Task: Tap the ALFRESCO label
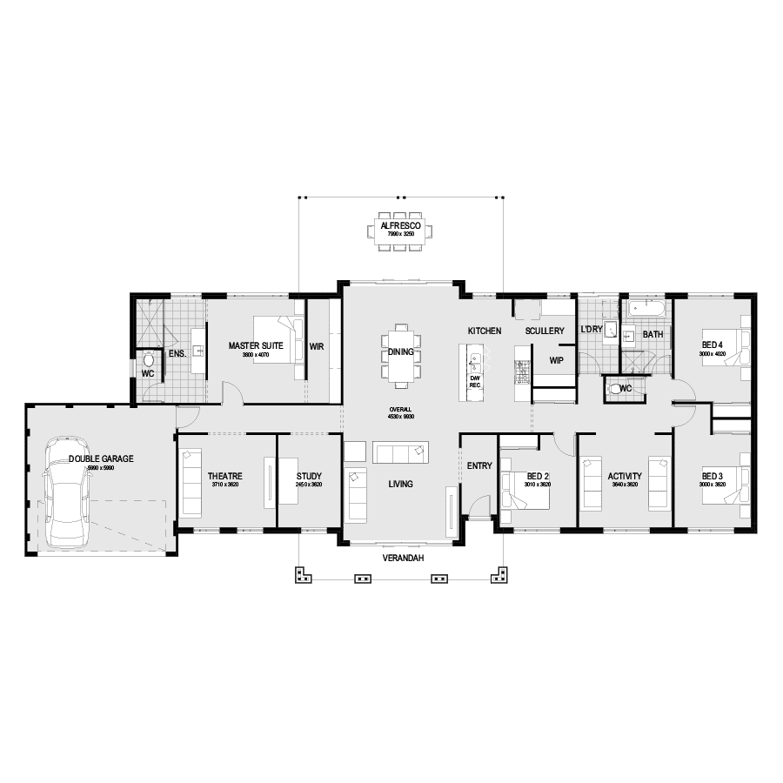400,225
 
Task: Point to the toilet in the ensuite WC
148,358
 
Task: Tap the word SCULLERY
545,331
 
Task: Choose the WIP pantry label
557,358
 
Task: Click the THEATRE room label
224,476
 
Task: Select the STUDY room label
309,476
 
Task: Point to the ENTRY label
479,466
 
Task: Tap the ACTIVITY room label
625,476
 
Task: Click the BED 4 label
713,345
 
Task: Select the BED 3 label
713,476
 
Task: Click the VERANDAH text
401,559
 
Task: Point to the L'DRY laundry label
591,330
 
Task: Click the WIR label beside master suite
317,346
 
